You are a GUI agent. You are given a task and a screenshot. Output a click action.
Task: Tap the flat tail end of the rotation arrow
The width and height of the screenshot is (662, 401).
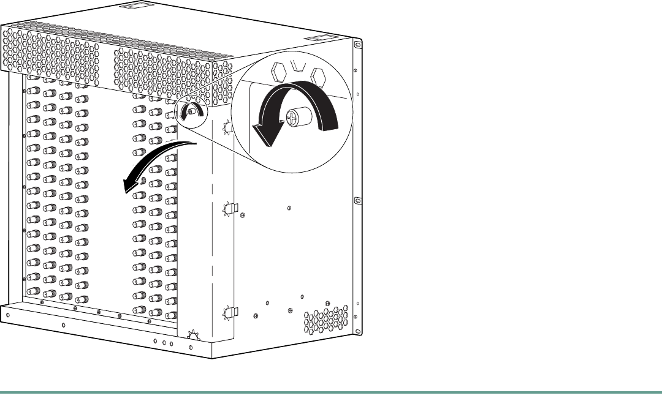[330, 120]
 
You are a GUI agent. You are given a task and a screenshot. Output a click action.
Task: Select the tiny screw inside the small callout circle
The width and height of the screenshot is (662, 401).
[192, 111]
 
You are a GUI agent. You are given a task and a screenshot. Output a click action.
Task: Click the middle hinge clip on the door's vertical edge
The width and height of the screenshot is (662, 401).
[229, 209]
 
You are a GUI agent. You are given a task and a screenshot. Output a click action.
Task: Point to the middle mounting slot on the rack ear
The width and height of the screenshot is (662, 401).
[358, 200]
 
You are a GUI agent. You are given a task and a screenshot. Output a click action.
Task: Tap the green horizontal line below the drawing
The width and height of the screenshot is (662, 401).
[331, 392]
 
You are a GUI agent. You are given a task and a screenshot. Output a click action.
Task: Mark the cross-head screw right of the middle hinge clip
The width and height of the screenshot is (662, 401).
[243, 215]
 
